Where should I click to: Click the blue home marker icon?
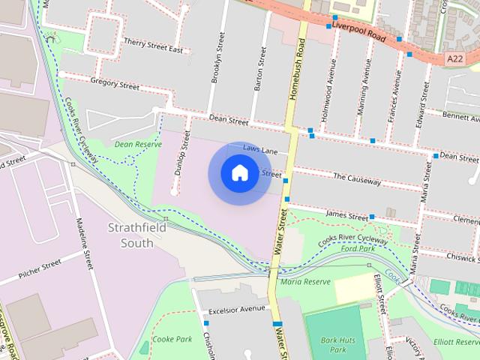(239, 173)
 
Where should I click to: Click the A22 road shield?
(454, 58)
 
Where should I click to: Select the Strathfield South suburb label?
(130, 234)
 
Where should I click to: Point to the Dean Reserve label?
(137, 143)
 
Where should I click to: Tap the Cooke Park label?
(172, 339)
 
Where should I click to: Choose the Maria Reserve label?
(305, 282)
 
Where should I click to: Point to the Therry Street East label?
(154, 45)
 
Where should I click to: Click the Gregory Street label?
(114, 85)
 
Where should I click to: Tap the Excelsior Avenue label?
(237, 308)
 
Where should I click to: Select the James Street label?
(346, 214)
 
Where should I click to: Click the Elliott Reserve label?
(457, 341)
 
